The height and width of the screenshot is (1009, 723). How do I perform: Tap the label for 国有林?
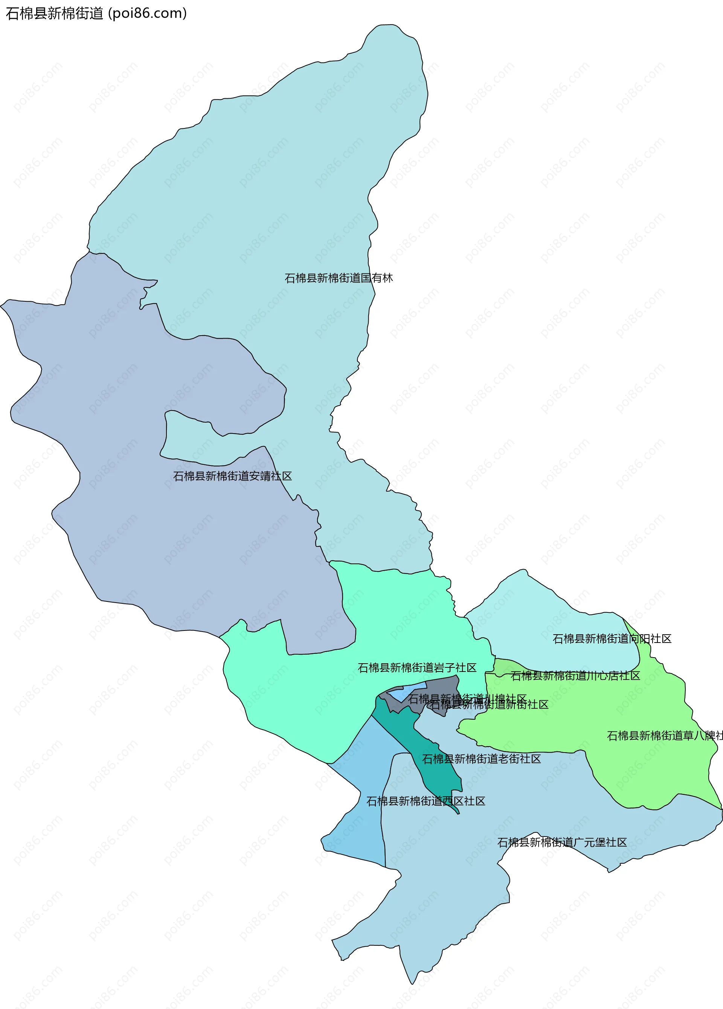[339, 278]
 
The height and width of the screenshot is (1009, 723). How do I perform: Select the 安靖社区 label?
[232, 476]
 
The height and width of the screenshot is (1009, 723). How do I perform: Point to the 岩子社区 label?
[417, 667]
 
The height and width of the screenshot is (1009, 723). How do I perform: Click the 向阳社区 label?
[612, 639]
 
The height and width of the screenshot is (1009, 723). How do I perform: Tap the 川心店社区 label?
[575, 676]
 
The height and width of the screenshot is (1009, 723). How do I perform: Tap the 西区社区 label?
[426, 801]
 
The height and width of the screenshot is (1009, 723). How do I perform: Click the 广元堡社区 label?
[561, 842]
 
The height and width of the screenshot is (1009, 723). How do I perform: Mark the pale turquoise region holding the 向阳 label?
[534, 618]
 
